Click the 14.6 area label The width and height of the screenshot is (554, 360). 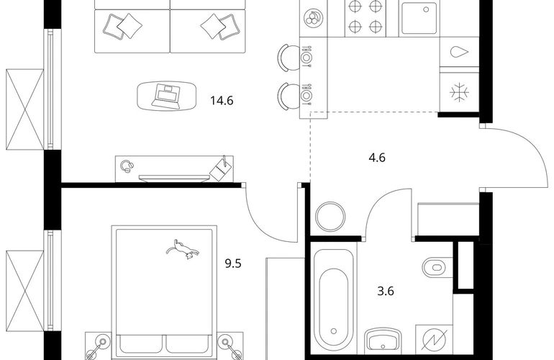[x=222, y=102]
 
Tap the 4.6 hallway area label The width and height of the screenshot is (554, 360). [x=376, y=157]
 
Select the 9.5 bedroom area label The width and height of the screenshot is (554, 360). [x=232, y=264]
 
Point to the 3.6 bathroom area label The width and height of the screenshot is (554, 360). [x=386, y=291]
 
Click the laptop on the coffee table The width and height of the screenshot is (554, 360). [x=167, y=95]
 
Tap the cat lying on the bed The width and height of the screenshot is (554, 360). [x=181, y=248]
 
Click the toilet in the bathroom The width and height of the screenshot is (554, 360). [x=436, y=267]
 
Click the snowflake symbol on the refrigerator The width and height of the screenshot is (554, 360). [x=458, y=91]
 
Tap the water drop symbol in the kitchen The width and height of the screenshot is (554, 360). [x=458, y=52]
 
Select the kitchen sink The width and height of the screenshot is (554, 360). [x=418, y=19]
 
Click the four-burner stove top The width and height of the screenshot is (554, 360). [x=364, y=17]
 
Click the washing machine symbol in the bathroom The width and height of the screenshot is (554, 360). [x=435, y=340]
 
